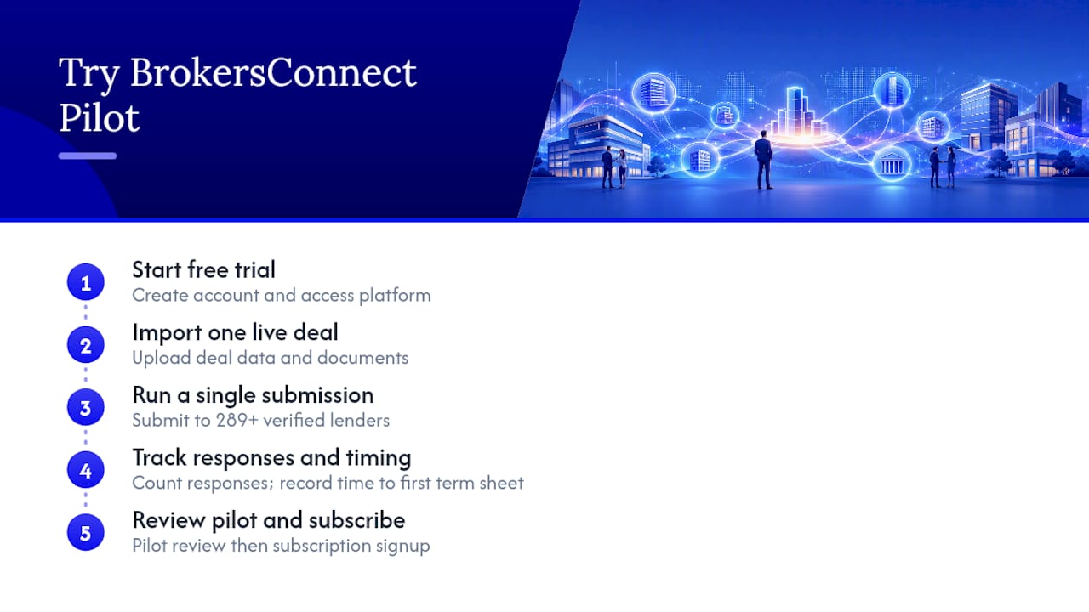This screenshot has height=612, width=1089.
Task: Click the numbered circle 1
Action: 86,282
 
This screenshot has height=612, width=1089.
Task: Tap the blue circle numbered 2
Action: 86,345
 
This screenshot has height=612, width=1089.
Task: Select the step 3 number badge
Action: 86,407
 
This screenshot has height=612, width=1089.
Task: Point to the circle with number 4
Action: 86,470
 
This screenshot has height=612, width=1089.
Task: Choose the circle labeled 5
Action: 86,532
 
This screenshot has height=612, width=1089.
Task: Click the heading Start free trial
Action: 203,270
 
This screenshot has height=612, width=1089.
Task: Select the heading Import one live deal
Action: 236,333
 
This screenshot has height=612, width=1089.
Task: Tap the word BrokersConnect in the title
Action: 273,73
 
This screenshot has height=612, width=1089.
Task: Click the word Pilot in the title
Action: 100,117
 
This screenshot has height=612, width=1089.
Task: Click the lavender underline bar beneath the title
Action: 88,156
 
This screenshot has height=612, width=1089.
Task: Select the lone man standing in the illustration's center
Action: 763,160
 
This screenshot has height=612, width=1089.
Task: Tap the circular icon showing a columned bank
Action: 892,164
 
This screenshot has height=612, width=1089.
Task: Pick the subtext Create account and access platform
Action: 282,296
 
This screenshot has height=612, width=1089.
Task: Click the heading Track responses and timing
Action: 271,458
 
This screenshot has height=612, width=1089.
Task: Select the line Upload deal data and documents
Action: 271,358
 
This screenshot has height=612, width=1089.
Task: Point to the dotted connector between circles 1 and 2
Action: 86,312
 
